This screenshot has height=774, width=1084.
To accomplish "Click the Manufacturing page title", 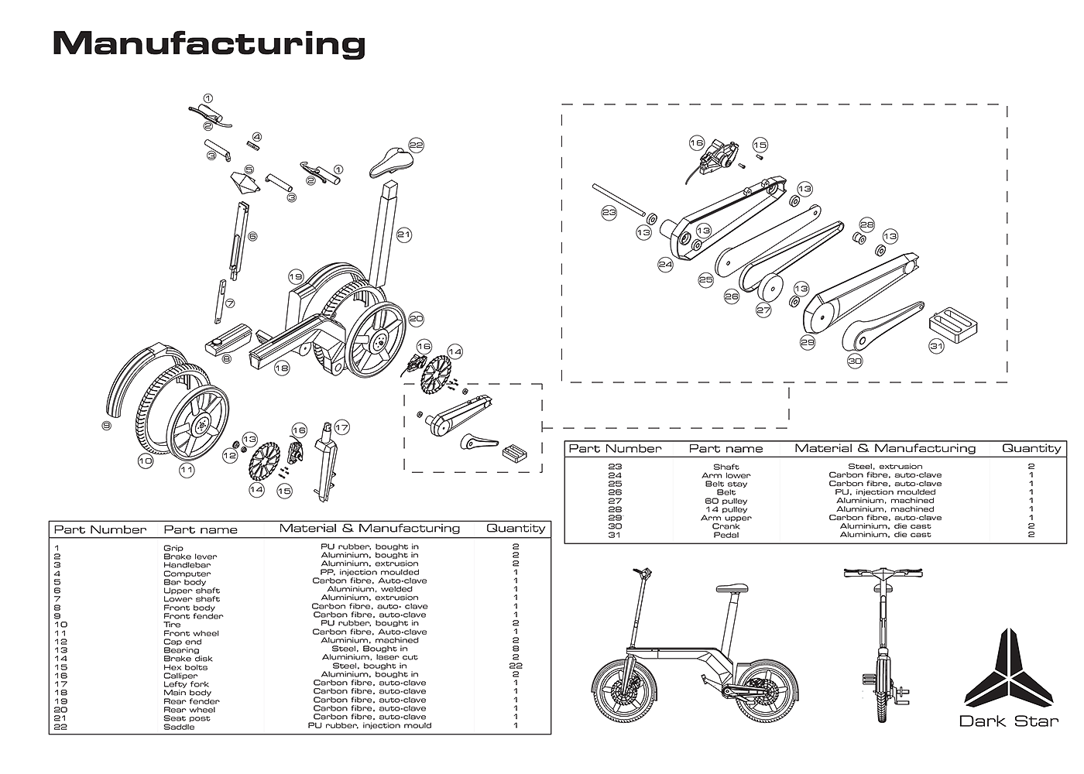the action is [x=208, y=44].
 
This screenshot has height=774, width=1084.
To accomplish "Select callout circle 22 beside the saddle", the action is [x=416, y=145].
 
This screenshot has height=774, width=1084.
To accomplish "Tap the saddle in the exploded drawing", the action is [x=390, y=162].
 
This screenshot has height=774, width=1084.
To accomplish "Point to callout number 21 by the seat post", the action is [x=403, y=235].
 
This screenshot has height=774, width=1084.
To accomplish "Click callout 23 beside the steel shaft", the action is [x=609, y=212].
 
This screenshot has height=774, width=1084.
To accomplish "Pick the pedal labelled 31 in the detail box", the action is [x=953, y=325].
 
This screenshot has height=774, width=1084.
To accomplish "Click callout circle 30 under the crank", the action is [x=855, y=361].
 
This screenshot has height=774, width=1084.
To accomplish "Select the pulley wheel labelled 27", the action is [x=770, y=287].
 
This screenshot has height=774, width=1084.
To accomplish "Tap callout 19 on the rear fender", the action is [x=296, y=277].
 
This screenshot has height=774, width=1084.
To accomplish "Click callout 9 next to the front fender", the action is [x=106, y=425].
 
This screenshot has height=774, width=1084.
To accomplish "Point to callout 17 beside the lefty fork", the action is [x=341, y=427].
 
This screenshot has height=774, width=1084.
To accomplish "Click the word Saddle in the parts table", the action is [x=179, y=727].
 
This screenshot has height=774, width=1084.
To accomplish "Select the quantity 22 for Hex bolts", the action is [x=516, y=665].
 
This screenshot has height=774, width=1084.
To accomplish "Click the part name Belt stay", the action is [x=726, y=484].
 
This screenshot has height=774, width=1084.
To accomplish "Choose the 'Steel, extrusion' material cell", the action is [x=885, y=466].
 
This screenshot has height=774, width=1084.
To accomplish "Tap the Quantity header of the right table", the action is [x=1031, y=448].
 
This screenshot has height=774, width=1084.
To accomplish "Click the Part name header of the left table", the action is [x=201, y=529].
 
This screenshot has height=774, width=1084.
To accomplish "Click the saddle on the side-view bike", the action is [x=732, y=589].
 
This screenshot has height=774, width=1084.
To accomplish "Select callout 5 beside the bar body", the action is [x=249, y=170].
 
